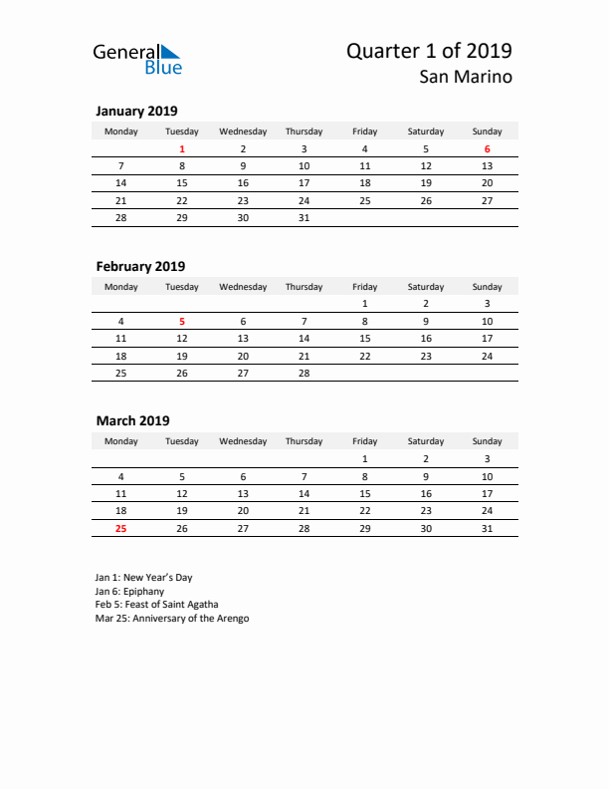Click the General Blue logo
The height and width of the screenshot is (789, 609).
(136, 59)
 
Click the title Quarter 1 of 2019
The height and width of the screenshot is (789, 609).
(429, 51)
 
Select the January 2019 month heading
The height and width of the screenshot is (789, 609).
(136, 111)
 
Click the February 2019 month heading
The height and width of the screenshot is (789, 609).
(140, 266)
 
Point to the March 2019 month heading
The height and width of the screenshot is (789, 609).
(132, 420)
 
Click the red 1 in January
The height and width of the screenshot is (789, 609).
(182, 149)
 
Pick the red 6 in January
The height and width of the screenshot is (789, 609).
(487, 149)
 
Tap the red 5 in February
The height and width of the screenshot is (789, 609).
(182, 321)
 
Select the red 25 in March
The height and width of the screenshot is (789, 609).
(121, 528)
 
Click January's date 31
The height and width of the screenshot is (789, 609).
(304, 217)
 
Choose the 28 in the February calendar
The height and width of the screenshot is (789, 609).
(304, 373)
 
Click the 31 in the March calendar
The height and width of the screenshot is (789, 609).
(487, 528)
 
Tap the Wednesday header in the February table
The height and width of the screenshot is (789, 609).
(243, 287)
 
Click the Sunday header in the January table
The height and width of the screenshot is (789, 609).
(487, 131)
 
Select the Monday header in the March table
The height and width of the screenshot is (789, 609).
(121, 441)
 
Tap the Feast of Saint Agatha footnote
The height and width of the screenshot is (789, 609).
(157, 604)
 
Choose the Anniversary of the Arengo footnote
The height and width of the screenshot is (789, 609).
(172, 618)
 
